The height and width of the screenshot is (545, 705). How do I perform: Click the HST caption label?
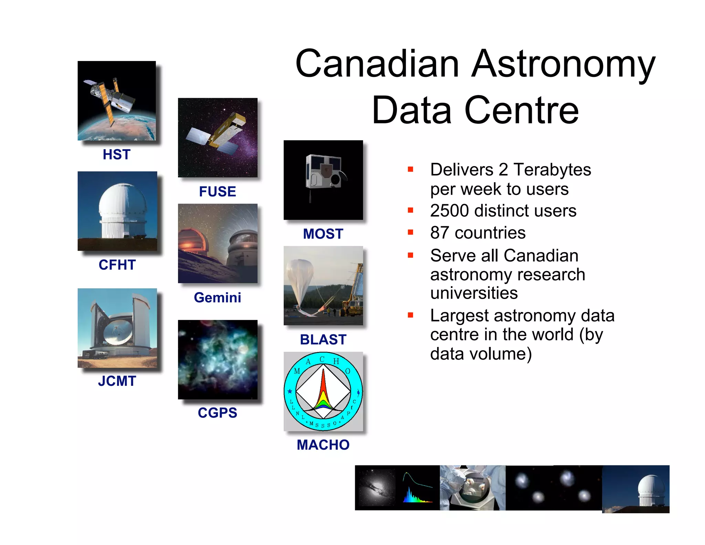pos(116,154)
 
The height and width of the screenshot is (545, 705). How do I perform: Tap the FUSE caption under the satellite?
pos(217,192)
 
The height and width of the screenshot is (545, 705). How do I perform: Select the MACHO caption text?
pos(323,445)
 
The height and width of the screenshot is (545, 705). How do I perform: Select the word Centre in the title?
pos(522,110)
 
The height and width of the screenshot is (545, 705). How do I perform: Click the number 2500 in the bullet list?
pos(449,210)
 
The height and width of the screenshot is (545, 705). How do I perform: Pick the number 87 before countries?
pos(440,233)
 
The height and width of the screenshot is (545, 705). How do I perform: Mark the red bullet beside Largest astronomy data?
pos(410,315)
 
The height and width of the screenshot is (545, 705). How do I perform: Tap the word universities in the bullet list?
pos(474,293)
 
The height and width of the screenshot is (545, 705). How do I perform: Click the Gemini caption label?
pos(217,297)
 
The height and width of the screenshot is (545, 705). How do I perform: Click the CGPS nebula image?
pos(218,359)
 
